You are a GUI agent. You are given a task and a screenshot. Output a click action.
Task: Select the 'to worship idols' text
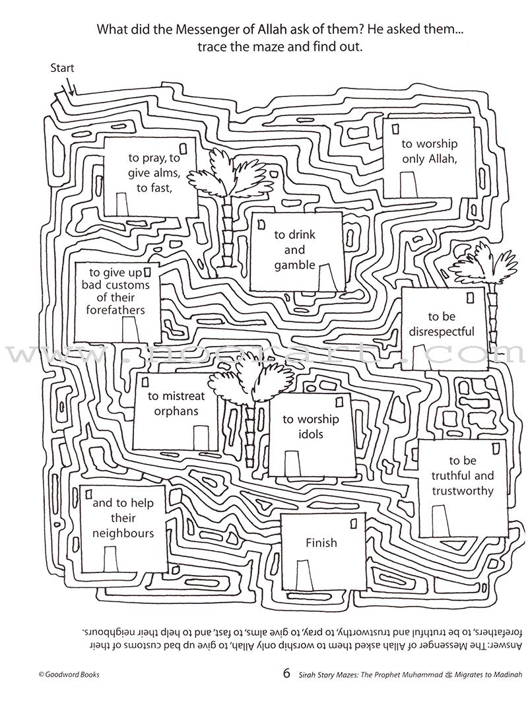(310, 427)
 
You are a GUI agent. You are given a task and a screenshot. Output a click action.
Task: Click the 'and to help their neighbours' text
(123, 518)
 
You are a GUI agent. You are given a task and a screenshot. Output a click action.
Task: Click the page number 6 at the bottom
(286, 674)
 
